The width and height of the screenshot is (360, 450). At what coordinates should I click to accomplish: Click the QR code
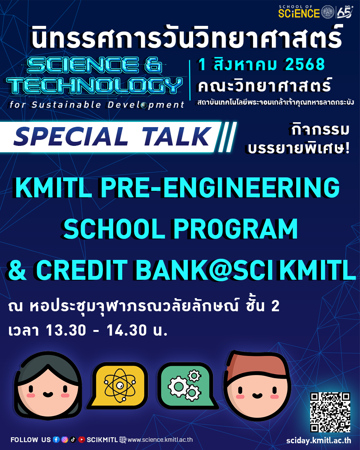(x=330, y=412)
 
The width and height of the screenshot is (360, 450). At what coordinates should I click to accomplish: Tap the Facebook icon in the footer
(x=56, y=439)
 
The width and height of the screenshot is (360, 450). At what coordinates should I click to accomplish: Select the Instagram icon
(x=64, y=439)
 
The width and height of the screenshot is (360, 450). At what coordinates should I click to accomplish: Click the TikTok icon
(x=73, y=439)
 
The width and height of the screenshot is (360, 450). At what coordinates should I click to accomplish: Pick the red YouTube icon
(x=81, y=439)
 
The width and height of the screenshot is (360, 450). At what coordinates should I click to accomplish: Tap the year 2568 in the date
(x=305, y=65)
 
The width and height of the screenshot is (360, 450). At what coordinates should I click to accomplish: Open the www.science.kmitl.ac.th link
(x=160, y=440)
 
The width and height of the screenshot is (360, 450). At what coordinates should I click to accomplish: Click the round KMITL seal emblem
(x=329, y=12)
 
